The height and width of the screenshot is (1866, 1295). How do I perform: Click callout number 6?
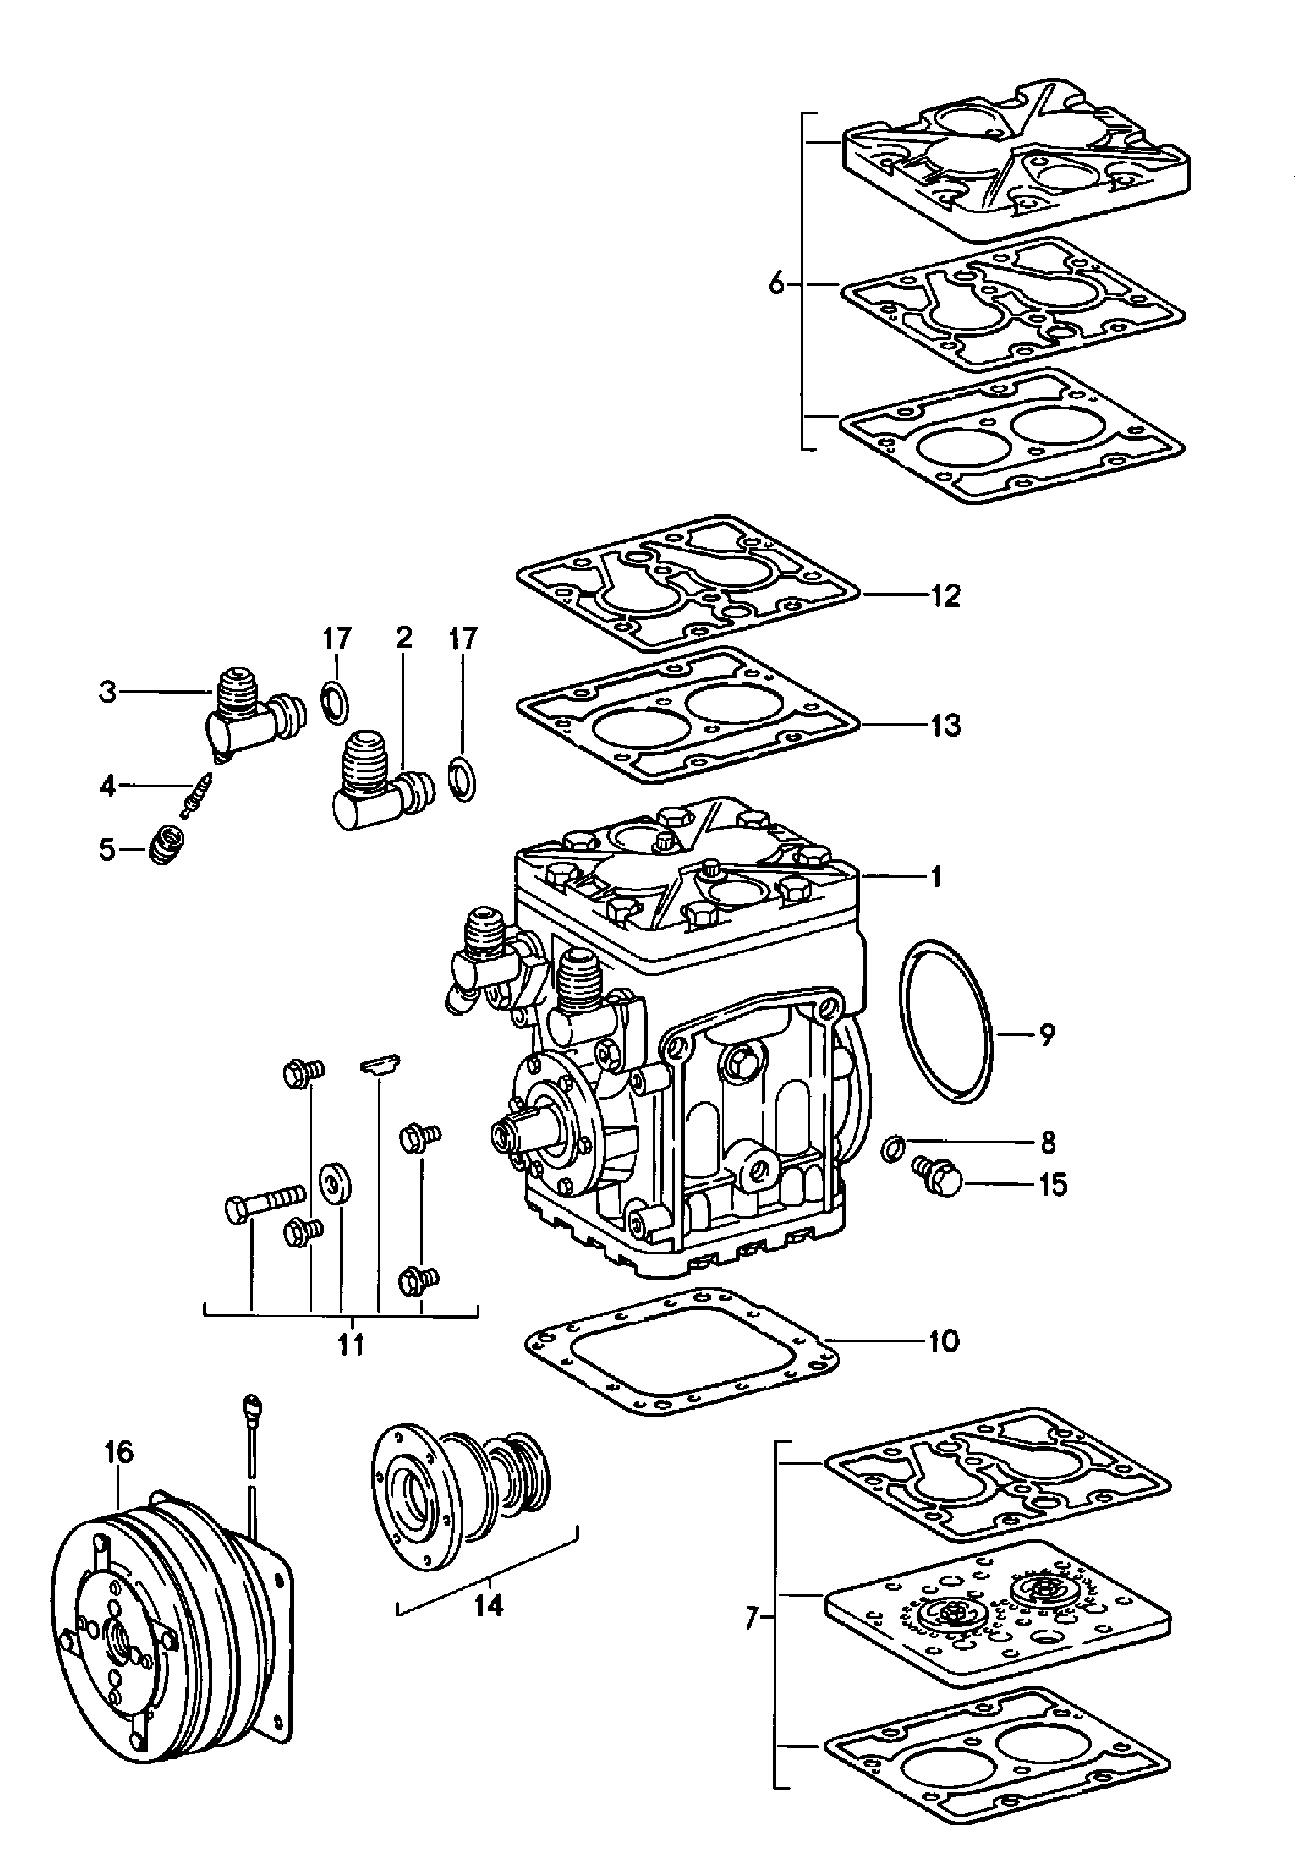(x=777, y=285)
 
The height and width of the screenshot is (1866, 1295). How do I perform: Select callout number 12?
(x=946, y=595)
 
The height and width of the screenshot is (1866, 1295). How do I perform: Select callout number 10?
(x=944, y=1341)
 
